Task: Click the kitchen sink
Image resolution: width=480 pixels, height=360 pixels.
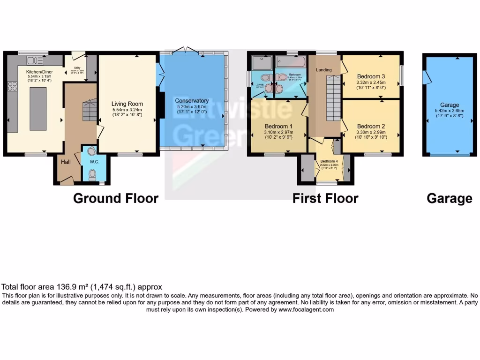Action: [x=35, y=60]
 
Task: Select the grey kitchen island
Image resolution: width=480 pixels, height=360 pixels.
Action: [x=38, y=109]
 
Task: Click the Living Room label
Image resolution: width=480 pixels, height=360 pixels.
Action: [x=127, y=104]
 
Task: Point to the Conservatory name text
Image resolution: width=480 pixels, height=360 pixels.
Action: [x=191, y=101]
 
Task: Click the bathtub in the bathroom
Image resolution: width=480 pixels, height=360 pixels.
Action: [x=291, y=62]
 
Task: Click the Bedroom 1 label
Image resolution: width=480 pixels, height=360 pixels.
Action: [x=278, y=126]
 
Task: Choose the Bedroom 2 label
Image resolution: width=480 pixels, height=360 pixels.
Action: [x=371, y=126]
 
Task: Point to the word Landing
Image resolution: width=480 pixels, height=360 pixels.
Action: [x=323, y=70]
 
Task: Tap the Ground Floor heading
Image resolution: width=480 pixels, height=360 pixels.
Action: [x=115, y=198]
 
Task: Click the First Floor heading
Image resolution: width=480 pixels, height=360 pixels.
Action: [x=325, y=198]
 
